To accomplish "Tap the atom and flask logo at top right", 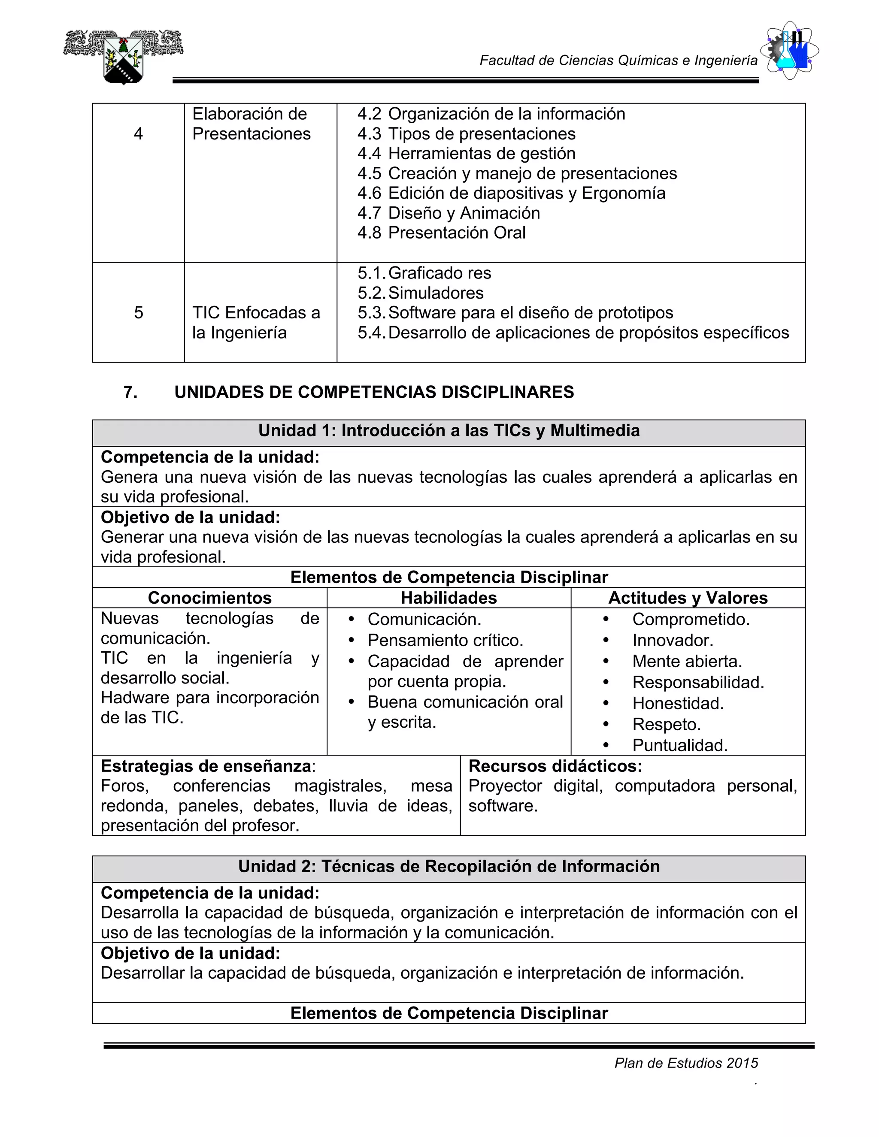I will coord(789,51).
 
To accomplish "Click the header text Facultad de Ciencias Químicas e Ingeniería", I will coord(618,61).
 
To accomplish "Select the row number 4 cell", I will coord(138,134).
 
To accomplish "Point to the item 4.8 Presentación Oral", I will coord(442,233).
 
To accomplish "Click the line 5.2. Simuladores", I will coord(421,293).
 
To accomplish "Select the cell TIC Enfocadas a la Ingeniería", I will coord(256,322).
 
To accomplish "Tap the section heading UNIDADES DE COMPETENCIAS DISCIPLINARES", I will coord(374,392).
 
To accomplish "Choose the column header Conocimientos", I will coord(209,598).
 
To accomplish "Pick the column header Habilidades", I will coord(449,598).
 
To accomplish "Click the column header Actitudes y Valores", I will coord(688,598).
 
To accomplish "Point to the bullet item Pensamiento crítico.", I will coord(445,640).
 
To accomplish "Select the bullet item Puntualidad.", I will coord(679,746).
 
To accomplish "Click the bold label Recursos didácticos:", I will coord(555,766).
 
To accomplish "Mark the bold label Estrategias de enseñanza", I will coord(206,766).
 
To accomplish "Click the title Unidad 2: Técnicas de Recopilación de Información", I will coord(449,866).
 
